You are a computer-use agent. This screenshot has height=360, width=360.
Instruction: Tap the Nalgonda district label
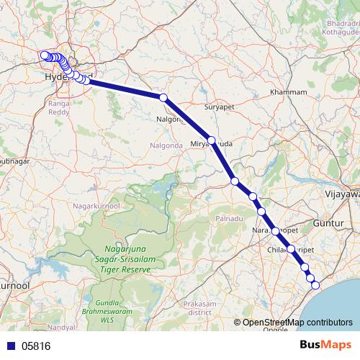click(144, 145)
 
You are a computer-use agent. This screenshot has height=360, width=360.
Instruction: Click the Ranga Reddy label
click(58, 109)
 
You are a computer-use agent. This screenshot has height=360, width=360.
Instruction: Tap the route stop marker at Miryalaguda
click(211, 140)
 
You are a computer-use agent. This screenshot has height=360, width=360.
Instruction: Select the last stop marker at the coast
click(315, 285)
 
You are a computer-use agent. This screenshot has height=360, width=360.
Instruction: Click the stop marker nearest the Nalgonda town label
click(163, 97)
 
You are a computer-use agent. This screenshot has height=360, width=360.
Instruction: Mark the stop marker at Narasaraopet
click(275, 230)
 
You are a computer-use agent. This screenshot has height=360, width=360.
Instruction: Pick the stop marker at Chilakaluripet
click(292, 249)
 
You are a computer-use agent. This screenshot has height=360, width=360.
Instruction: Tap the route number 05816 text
click(36, 346)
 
